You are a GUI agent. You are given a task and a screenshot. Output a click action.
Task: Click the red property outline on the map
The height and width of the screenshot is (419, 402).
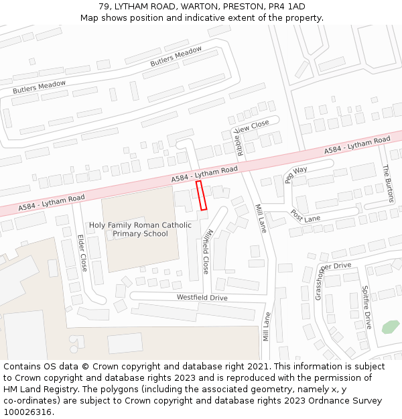pos(202,196)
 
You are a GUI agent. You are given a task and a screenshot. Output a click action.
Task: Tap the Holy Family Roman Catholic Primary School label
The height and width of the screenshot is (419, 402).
pos(140,229)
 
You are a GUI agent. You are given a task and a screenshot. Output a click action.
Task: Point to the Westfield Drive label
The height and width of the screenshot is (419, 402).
pos(202,298)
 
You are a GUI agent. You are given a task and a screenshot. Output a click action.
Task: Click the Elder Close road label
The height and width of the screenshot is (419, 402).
pos(82,253)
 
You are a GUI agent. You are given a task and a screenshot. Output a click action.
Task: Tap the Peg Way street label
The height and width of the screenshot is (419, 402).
pos(295,174)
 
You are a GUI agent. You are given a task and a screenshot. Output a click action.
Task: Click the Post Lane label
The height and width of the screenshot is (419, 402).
pos(306,216)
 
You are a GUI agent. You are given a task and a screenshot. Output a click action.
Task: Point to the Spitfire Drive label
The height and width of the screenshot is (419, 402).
pos(367,307)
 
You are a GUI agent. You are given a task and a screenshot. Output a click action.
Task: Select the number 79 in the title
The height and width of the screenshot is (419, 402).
pos(104,7)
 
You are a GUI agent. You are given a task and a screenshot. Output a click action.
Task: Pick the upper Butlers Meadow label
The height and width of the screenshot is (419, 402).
pos(176,57)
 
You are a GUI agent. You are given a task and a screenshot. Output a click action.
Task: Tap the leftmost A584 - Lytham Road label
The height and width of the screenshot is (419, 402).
pos(52,202)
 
